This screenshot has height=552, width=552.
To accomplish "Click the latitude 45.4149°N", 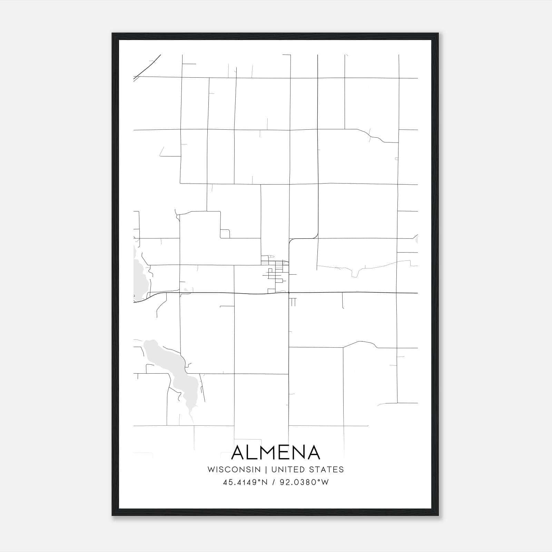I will coord(245,482).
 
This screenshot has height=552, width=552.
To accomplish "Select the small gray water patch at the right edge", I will coord(416,239).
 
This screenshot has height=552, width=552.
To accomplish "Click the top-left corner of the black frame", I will coord(113,34).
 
